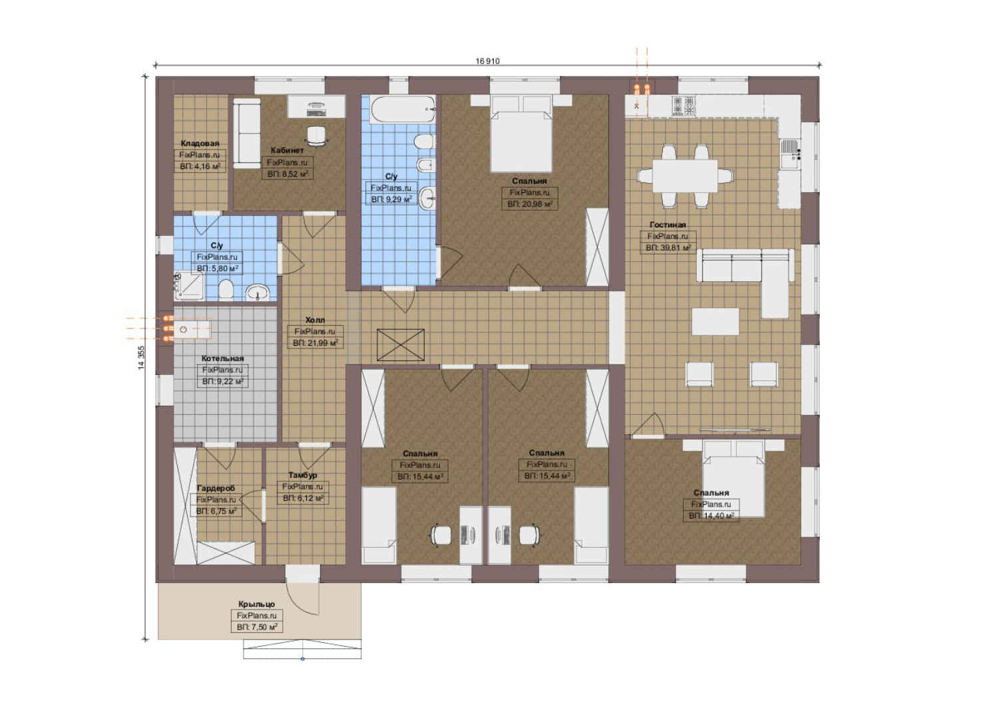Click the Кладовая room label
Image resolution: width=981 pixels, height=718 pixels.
(x=200, y=144)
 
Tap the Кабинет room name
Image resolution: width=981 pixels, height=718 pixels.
(x=288, y=150)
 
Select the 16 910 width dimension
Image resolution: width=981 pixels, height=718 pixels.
(x=487, y=61)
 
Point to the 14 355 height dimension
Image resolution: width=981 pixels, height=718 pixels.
(x=141, y=358)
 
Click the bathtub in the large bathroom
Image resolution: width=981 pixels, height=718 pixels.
(x=403, y=110)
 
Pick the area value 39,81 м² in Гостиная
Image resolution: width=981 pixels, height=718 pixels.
(x=668, y=248)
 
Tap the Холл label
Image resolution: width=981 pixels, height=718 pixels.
(x=315, y=320)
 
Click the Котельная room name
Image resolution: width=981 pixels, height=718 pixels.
(x=222, y=359)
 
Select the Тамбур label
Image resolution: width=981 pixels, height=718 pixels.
(x=303, y=475)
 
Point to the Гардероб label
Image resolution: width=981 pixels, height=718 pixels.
(x=216, y=488)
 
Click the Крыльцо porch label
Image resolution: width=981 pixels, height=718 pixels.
(x=257, y=604)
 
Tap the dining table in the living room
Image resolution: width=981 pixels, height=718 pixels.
(x=685, y=176)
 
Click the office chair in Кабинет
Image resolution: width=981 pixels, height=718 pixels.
(x=317, y=135)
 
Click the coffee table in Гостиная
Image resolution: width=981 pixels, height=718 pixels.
(x=715, y=322)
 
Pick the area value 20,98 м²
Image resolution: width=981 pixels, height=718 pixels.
(x=530, y=204)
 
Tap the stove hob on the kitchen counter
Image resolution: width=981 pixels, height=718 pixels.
(x=684, y=106)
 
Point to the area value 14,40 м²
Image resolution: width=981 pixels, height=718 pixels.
(x=711, y=517)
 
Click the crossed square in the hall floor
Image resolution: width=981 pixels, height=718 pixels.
(x=401, y=345)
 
